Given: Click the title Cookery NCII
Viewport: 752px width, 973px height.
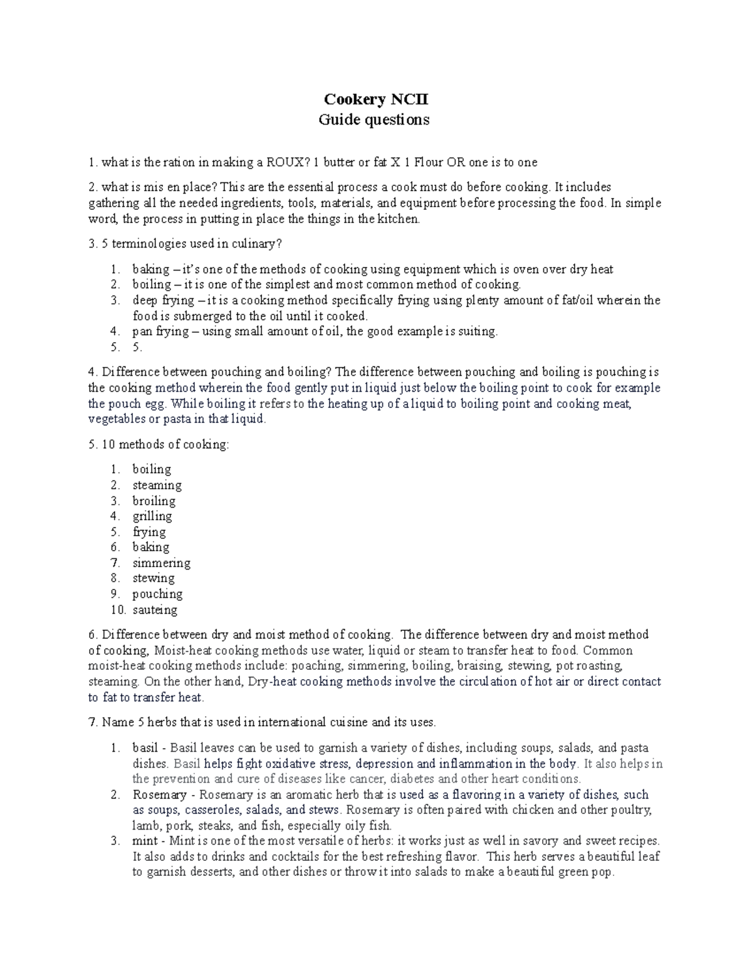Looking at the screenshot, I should click(x=375, y=100).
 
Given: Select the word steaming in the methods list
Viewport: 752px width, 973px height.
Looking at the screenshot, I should click(x=157, y=485).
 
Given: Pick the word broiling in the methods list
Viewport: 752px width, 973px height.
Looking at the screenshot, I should click(x=154, y=501).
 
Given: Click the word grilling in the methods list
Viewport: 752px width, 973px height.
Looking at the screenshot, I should click(x=152, y=516).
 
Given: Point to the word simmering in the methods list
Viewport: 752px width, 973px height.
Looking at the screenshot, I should click(x=161, y=563).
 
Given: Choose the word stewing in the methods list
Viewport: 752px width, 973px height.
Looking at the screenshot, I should click(x=154, y=578).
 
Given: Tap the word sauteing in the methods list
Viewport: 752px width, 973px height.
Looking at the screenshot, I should click(x=155, y=610).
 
